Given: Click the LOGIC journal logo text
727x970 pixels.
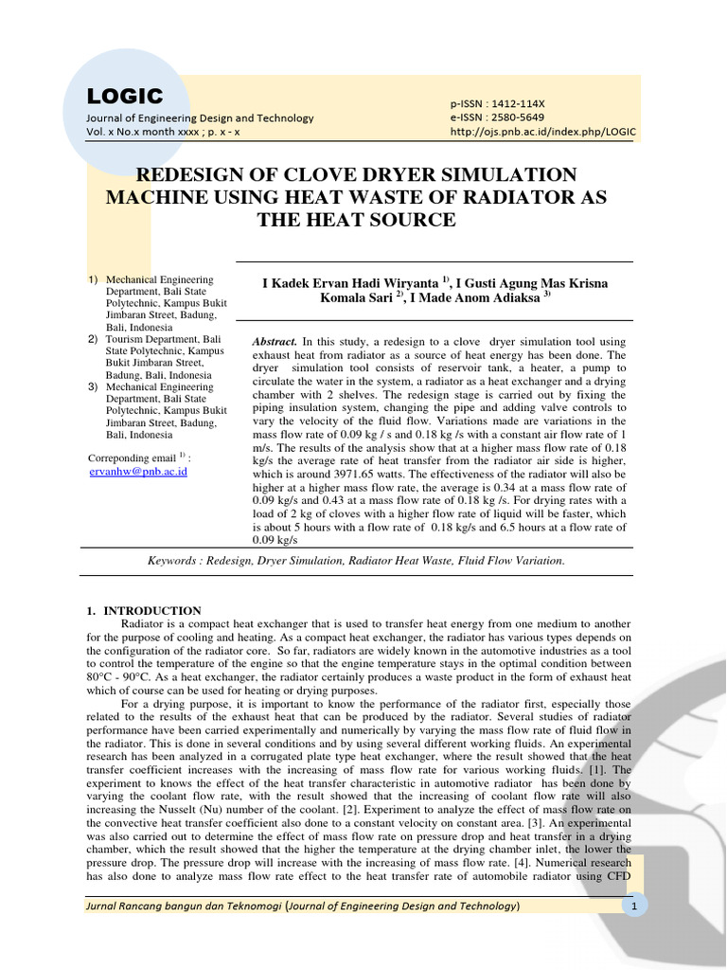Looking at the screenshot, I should point(125,96).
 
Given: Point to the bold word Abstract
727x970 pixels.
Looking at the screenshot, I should point(275,341).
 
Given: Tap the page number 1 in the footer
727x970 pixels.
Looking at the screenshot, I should point(632,907).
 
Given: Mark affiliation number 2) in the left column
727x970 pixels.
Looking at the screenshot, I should point(93,339).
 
